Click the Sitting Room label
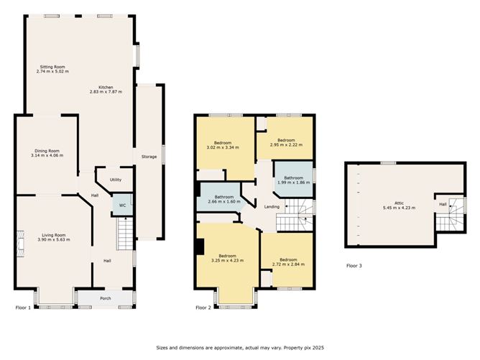52,67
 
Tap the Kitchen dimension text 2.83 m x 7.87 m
106,91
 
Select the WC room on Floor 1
122,205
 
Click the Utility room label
116,180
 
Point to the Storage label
149,157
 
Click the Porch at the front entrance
106,298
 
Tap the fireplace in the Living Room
20,244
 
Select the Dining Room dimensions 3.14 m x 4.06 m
47,155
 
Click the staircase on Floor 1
125,234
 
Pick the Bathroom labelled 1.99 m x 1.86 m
294,180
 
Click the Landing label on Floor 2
272,207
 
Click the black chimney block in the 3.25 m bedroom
200,246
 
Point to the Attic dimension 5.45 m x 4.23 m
400,208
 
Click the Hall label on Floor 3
443,204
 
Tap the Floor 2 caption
203,308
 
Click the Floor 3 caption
354,266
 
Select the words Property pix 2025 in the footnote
304,348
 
